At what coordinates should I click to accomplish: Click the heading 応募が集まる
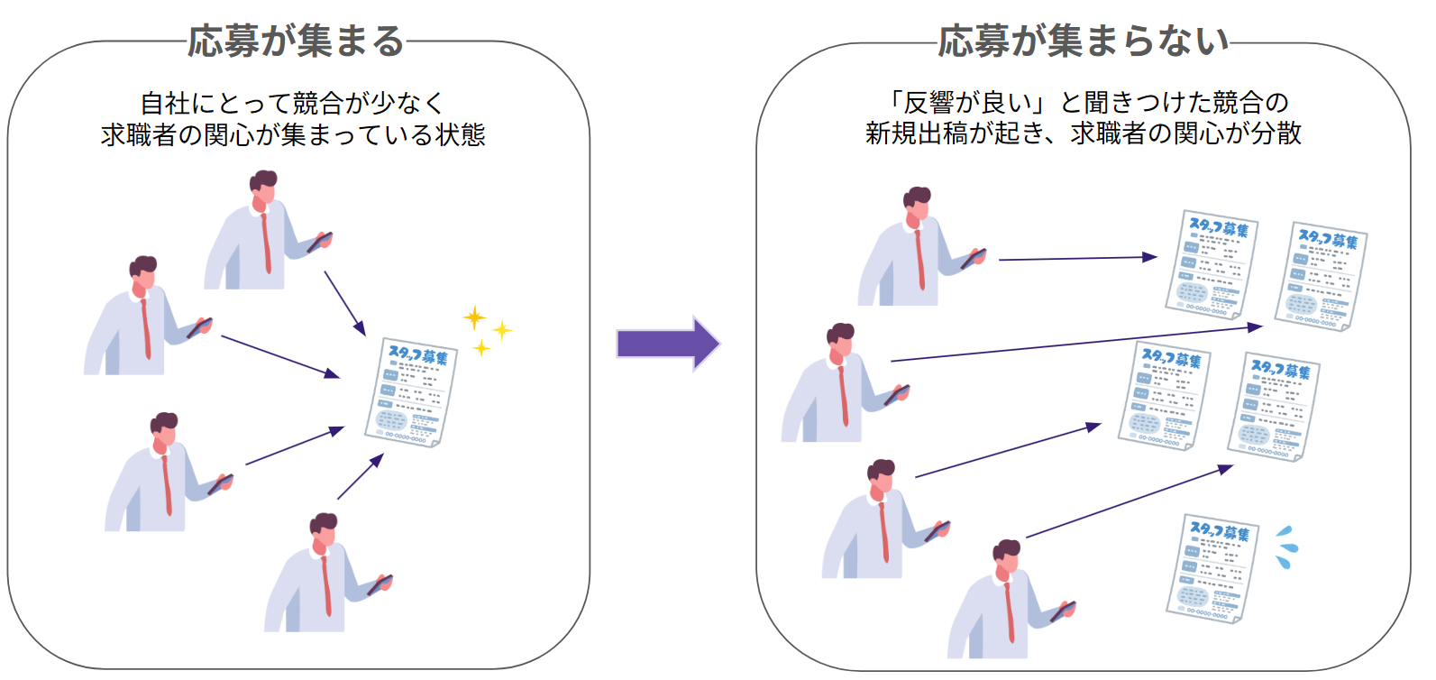coord(297,41)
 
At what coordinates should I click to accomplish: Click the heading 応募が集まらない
coord(1083,41)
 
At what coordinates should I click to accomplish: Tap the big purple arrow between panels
coord(668,344)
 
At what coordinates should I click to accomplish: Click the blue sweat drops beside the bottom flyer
coord(1286,547)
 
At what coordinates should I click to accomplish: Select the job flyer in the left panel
coord(412,393)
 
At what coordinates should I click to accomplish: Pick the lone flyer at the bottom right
coord(1212,567)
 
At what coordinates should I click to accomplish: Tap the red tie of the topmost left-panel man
coord(266,244)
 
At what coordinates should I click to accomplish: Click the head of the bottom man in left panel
coord(324,531)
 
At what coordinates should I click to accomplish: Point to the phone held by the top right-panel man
coord(973,259)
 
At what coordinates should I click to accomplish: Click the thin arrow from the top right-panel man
coord(1077,258)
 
